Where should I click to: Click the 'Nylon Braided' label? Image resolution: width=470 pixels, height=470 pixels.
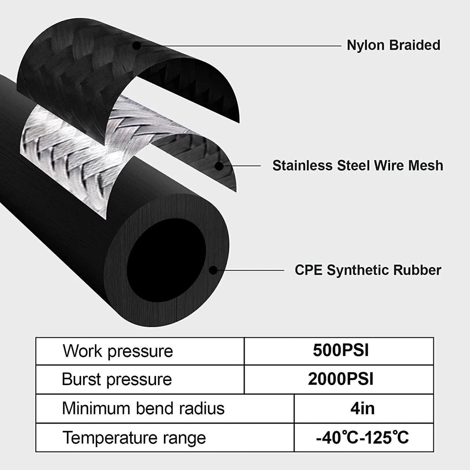tap(393, 45)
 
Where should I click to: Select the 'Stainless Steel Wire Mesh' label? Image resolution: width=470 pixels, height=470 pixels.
tap(358, 165)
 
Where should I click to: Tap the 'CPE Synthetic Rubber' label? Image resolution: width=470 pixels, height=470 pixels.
tap(368, 270)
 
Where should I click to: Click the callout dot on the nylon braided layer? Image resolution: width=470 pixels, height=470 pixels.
tap(136, 45)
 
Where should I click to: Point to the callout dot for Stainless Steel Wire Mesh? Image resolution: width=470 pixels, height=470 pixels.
tap(219, 166)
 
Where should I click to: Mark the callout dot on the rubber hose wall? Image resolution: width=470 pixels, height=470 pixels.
tap(213, 270)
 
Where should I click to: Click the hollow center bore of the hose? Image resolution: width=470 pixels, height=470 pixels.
tap(166, 261)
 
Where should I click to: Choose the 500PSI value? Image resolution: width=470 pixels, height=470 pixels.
tap(341, 350)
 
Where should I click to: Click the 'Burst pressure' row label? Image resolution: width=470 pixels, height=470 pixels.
tap(117, 379)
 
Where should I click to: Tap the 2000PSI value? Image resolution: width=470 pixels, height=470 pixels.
tap(341, 379)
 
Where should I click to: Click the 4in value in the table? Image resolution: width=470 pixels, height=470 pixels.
tap(363, 408)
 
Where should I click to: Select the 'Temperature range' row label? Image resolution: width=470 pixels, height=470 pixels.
tap(134, 438)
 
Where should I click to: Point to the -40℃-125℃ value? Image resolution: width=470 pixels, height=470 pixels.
tap(363, 437)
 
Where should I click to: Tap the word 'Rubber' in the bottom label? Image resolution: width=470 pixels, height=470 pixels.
tap(417, 270)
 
